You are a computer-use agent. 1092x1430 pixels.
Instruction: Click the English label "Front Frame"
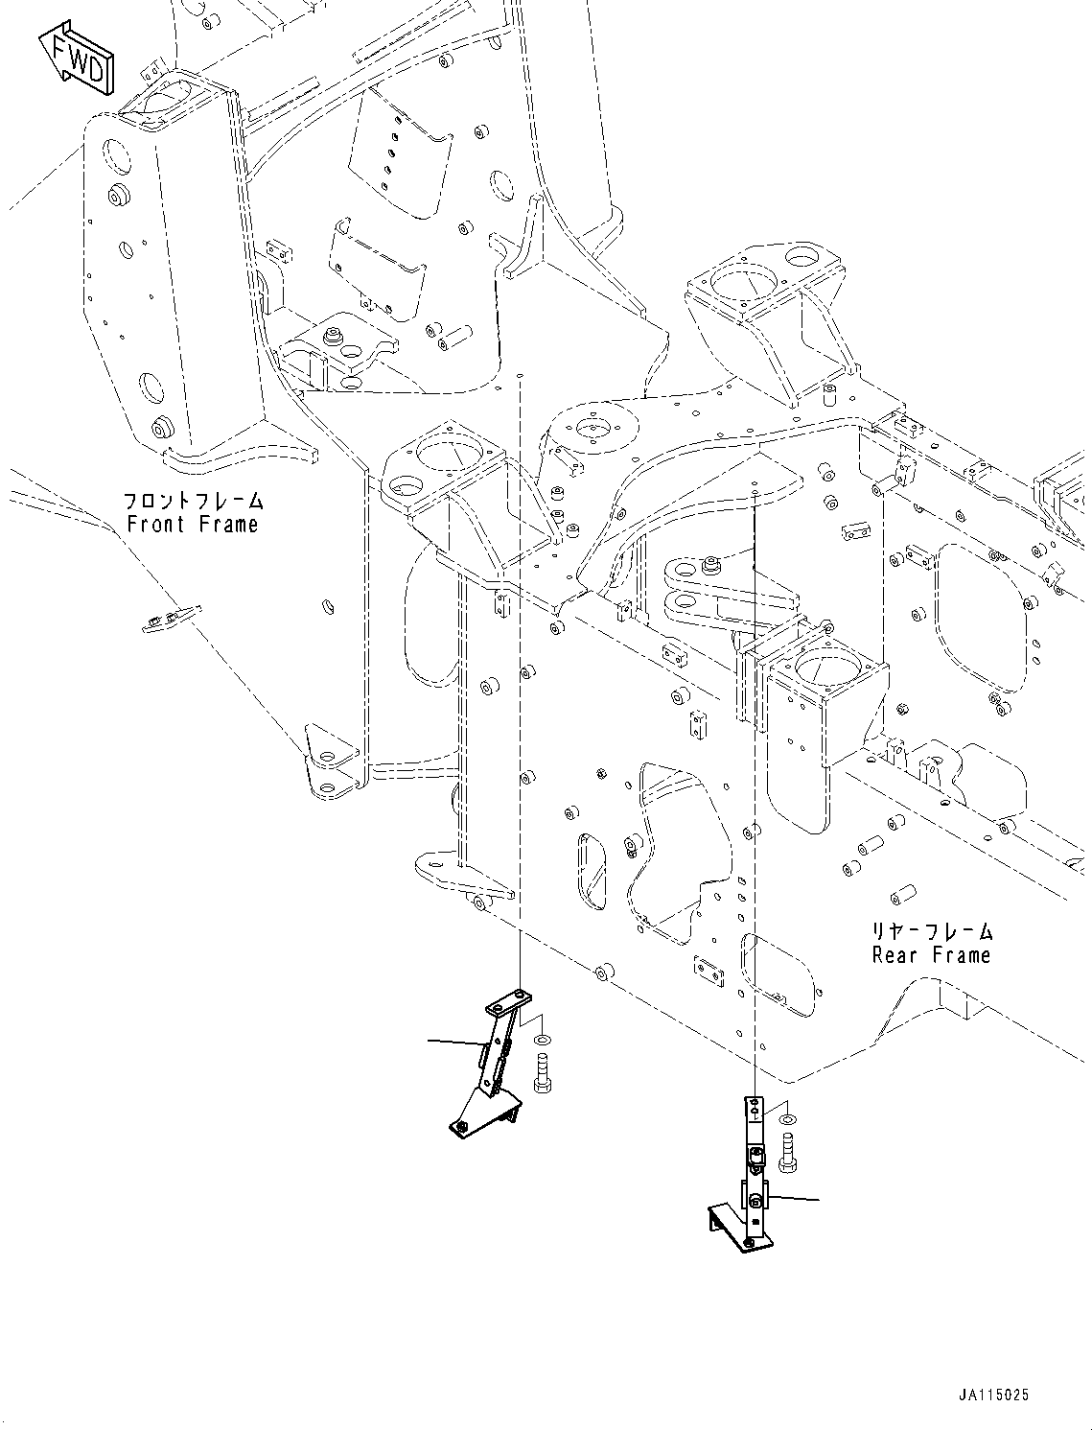tap(193, 525)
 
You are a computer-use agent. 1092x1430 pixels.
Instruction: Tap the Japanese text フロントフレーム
tap(193, 501)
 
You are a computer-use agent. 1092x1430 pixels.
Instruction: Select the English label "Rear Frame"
tap(930, 955)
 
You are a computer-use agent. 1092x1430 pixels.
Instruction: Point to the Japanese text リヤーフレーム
tap(931, 931)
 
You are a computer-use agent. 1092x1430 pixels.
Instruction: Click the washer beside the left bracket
tap(544, 1040)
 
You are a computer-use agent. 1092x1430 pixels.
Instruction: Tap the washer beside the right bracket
tap(787, 1119)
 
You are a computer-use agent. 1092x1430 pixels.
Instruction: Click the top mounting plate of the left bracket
tap(507, 1005)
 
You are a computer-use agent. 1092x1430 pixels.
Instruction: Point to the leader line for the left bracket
tap(454, 1042)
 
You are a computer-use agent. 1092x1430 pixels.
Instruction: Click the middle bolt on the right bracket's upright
tap(756, 1159)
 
